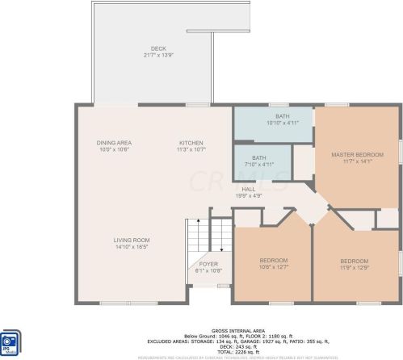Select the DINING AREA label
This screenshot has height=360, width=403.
pos(114,143)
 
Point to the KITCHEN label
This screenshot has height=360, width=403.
pos(191,143)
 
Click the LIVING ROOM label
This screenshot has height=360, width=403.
pos(131,240)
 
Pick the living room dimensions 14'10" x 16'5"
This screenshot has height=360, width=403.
pos(131,246)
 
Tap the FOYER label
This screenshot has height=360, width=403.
pos(208,264)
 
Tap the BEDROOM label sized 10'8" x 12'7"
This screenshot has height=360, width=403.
pos(274,260)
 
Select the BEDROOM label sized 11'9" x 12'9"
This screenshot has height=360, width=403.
pos(354,261)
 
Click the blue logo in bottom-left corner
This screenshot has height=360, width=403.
pos(10,341)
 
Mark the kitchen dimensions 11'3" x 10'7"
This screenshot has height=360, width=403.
pos(191,149)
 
